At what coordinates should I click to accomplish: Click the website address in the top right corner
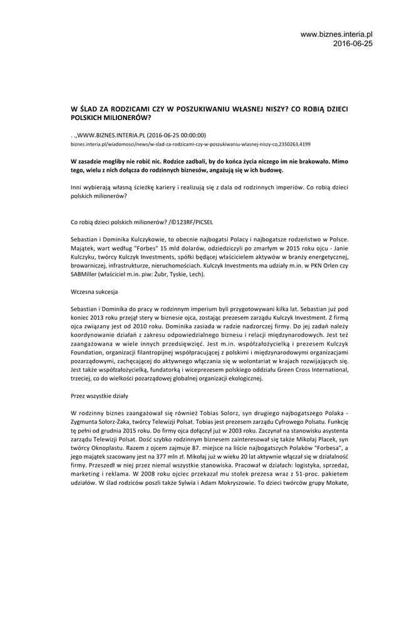336,34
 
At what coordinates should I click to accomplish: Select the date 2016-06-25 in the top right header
353,44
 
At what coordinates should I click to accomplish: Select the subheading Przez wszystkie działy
103,396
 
